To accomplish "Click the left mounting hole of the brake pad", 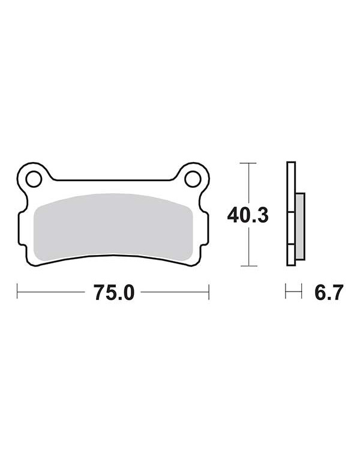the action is (x=34, y=179).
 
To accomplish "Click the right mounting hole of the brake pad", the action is (x=193, y=179).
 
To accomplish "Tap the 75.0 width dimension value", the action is (x=115, y=293).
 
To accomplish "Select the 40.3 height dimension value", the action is (x=248, y=215).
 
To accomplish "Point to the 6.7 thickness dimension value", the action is (x=329, y=293).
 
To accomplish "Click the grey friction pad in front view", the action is (x=113, y=227).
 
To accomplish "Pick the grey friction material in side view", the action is (x=299, y=227).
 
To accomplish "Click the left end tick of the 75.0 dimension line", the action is (x=17, y=292).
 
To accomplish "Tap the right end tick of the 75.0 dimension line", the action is (x=209, y=292).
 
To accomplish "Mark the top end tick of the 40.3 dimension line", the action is (x=248, y=163).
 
